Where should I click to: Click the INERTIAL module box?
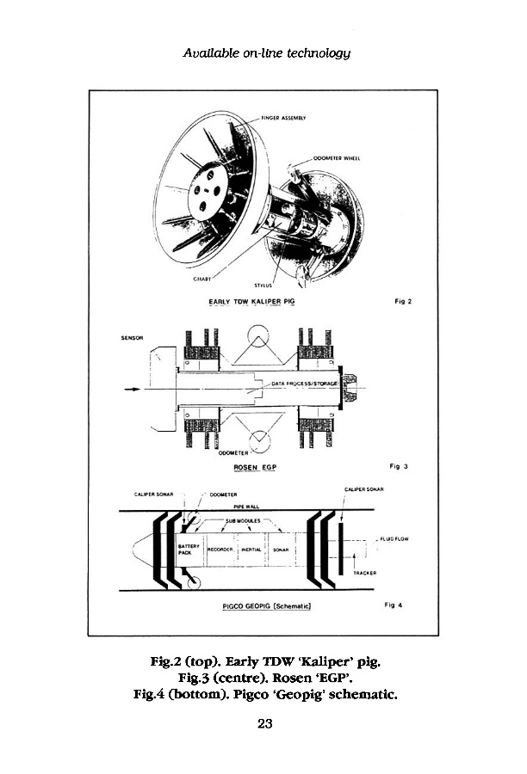[x=251, y=548]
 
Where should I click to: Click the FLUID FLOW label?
[x=395, y=539]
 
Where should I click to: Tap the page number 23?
[x=264, y=723]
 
